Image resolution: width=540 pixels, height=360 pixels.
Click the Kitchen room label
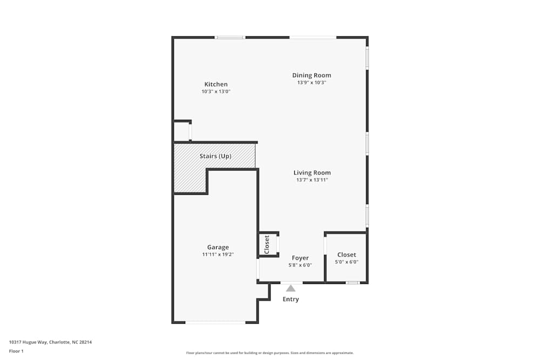[216, 84]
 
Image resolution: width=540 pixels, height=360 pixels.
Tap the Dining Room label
[312, 76]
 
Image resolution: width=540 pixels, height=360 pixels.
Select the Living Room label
[312, 173]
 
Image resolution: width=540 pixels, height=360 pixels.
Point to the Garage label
[218, 247]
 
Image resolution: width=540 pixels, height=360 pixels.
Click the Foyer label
[300, 258]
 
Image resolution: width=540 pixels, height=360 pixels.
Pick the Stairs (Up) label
[215, 156]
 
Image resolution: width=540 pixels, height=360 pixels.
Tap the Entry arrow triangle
[291, 288]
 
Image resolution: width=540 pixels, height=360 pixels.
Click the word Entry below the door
[291, 299]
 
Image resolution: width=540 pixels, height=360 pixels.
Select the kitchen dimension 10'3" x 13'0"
[216, 92]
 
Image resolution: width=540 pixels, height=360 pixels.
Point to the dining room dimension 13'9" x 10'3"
[312, 83]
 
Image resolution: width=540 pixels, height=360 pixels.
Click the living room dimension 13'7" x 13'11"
[312, 180]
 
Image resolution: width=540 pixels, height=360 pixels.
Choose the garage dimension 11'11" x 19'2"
[218, 254]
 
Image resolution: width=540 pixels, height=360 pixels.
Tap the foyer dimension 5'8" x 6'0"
[300, 265]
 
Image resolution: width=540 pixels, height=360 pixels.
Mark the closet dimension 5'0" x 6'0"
[347, 262]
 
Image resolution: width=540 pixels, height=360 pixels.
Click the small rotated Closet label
[267, 244]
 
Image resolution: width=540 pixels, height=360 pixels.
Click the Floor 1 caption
[16, 351]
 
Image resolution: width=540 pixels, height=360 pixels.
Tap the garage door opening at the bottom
[215, 322]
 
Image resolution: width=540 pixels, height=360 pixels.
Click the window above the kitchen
[230, 37]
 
